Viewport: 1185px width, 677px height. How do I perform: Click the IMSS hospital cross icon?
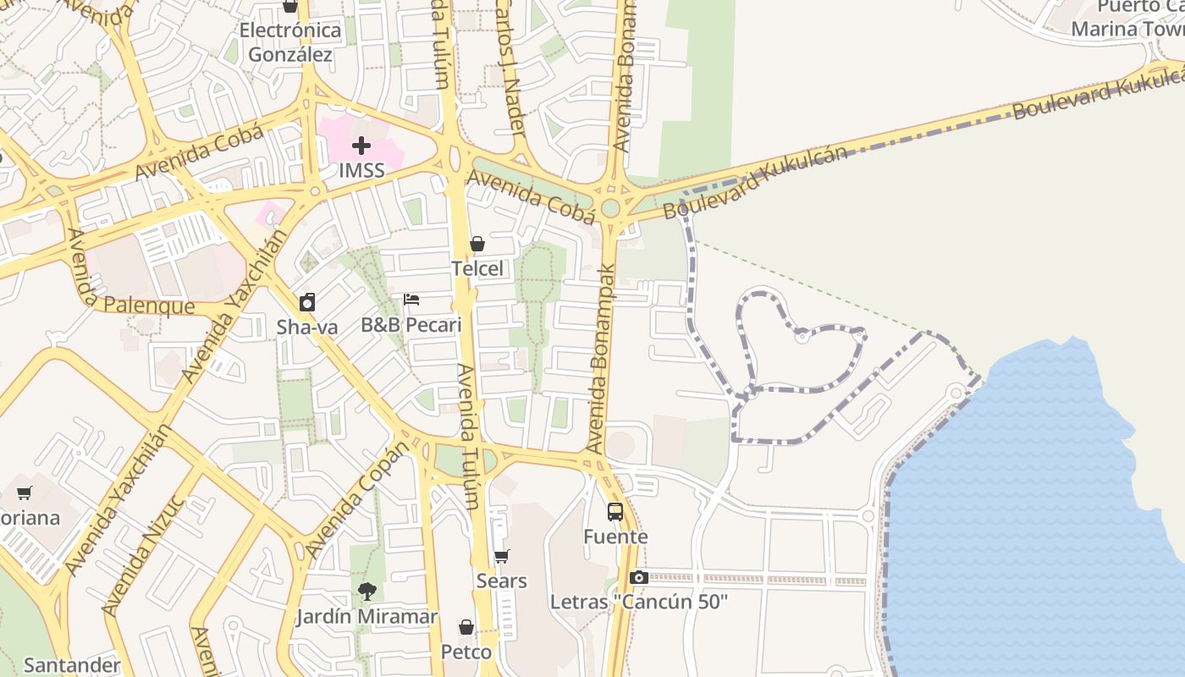(x=361, y=146)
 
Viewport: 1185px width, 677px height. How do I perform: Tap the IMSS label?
(x=361, y=170)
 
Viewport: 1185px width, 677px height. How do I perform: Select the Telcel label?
(x=477, y=269)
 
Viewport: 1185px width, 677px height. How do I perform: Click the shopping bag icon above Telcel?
(x=477, y=244)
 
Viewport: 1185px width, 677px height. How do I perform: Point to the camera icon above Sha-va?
(x=307, y=302)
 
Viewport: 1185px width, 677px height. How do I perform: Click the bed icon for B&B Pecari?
(x=411, y=300)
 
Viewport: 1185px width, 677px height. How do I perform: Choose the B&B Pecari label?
(x=411, y=325)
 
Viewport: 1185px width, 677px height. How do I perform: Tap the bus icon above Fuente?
(x=615, y=512)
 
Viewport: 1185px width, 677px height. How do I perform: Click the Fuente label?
(x=615, y=537)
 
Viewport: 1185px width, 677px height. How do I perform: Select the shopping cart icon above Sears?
(x=502, y=556)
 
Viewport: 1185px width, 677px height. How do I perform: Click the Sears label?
(x=502, y=581)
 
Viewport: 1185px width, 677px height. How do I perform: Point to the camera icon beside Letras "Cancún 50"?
(x=639, y=577)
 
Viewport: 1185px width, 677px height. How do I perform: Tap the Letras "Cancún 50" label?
(x=639, y=603)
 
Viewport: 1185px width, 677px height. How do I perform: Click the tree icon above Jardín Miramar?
(x=367, y=592)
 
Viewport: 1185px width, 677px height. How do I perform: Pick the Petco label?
(x=466, y=652)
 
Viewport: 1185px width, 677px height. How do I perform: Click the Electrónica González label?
(x=290, y=42)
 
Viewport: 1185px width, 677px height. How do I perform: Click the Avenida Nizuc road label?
(x=143, y=554)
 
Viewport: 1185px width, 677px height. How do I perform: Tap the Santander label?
(x=73, y=665)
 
